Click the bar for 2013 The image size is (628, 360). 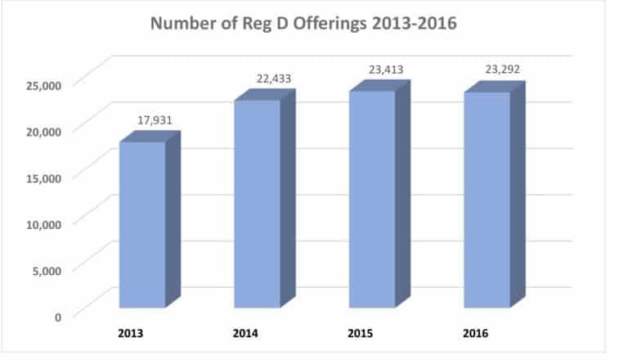pyautogui.click(x=142, y=224)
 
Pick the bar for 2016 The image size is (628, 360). pyautogui.click(x=487, y=200)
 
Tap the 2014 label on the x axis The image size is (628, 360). pyautogui.click(x=248, y=335)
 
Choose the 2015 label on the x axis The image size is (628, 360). pyautogui.click(x=362, y=335)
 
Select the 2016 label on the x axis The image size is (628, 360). pyautogui.click(x=477, y=335)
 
